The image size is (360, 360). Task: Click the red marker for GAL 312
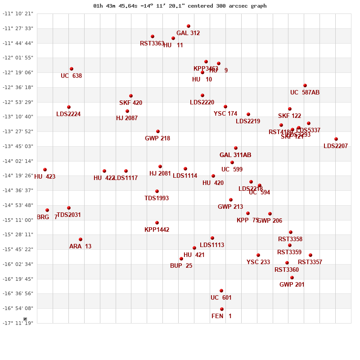click(189, 26)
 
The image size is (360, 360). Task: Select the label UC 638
click(71, 76)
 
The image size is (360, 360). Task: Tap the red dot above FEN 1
click(222, 309)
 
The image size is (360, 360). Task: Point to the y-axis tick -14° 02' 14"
click(18, 161)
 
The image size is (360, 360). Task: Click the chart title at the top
click(180, 6)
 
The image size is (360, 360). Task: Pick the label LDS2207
click(335, 146)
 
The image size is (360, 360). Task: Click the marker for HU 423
click(45, 170)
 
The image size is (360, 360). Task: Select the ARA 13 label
click(80, 246)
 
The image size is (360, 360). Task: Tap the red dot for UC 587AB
click(305, 85)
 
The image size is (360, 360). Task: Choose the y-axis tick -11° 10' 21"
click(18, 13)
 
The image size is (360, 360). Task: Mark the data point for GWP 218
click(158, 131)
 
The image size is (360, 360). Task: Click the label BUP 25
click(181, 265)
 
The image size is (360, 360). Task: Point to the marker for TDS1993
click(157, 191)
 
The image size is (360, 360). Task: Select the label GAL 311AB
click(235, 155)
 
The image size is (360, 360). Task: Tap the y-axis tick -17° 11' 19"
click(18, 323)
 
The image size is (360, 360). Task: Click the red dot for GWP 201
click(292, 278)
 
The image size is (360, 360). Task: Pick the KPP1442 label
click(157, 229)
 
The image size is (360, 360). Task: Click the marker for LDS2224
click(69, 107)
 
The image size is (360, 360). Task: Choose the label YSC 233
click(258, 262)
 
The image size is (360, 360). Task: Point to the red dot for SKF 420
click(131, 96)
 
